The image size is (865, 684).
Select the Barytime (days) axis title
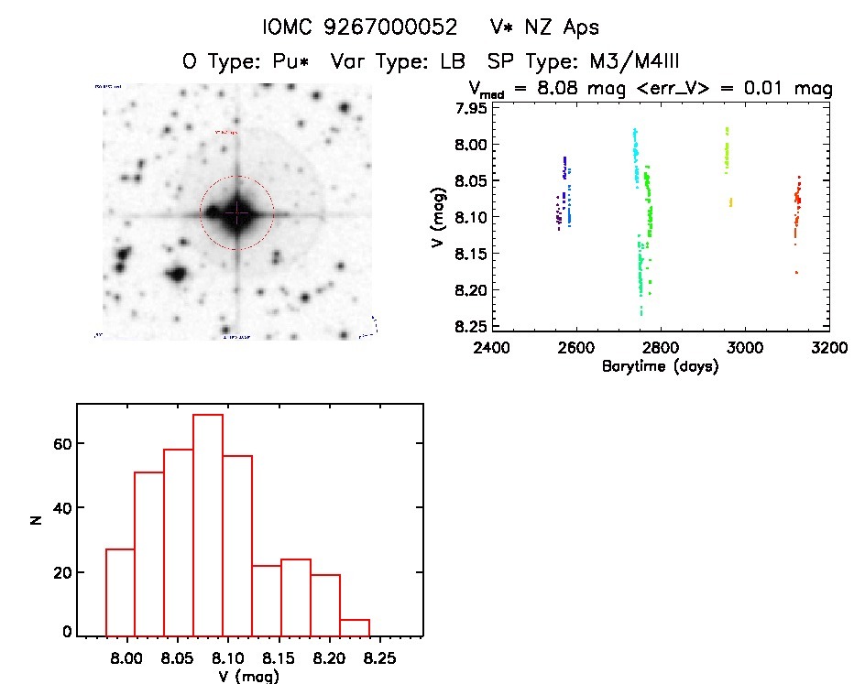(660, 366)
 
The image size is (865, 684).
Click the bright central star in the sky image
(237, 212)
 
